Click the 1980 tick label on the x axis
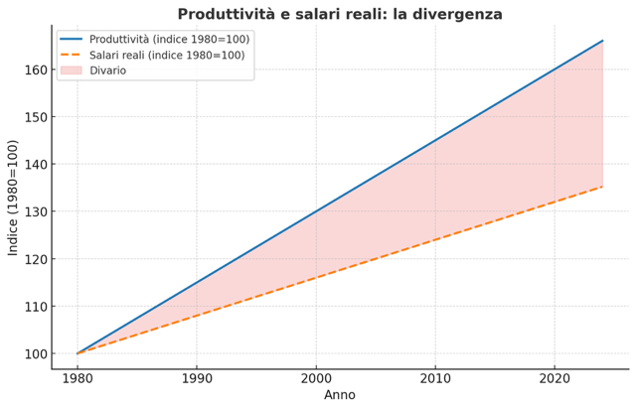click(x=78, y=379)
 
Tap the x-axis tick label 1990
click(x=197, y=379)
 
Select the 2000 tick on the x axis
click(x=316, y=379)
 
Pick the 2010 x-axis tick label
click(x=435, y=379)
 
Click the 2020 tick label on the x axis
click(x=555, y=379)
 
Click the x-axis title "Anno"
click(x=340, y=395)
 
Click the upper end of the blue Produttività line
click(x=602, y=41)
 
